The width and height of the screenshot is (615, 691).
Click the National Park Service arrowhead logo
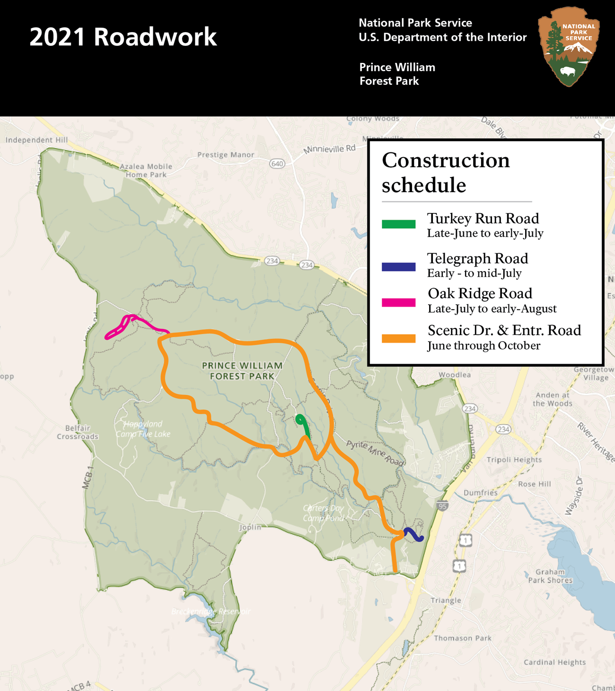tap(569, 46)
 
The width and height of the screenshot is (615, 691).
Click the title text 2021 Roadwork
tap(123, 37)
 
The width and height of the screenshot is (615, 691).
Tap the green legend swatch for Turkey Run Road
tap(398, 224)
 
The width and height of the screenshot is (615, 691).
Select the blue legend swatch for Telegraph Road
tap(398, 266)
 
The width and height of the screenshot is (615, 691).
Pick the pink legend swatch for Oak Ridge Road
tap(398, 302)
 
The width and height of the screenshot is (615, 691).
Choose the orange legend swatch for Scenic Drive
tap(398, 338)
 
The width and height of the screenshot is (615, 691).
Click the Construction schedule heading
tap(445, 172)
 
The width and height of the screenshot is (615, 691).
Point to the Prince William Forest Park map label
tap(242, 371)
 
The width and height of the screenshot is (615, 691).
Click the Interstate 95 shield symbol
tap(442, 506)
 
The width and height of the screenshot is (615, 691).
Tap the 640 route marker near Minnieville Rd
tap(277, 164)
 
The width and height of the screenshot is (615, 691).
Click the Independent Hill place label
tap(36, 140)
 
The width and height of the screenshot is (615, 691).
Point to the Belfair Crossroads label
tap(78, 432)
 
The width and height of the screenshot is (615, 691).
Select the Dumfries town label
tap(480, 493)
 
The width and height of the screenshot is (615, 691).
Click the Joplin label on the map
tap(250, 527)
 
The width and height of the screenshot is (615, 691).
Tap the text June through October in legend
tap(483, 345)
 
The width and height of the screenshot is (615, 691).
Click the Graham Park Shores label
tap(550, 576)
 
